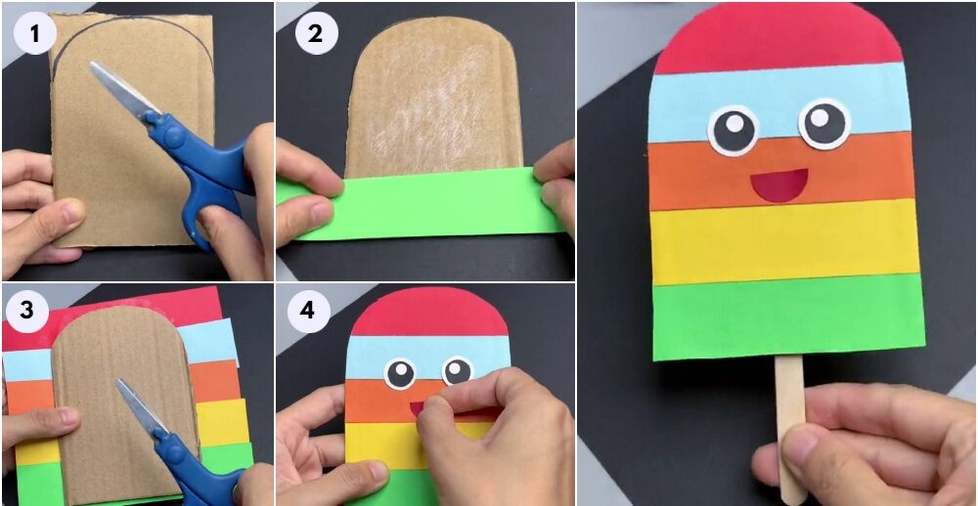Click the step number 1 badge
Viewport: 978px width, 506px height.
pyautogui.click(x=35, y=33)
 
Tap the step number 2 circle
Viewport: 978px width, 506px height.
pyautogui.click(x=316, y=33)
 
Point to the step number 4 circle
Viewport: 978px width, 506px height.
pyautogui.click(x=307, y=311)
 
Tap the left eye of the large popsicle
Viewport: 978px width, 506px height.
pyautogui.click(x=733, y=130)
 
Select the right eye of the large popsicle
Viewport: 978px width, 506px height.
pyautogui.click(x=824, y=123)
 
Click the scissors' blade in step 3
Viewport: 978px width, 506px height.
pyautogui.click(x=140, y=406)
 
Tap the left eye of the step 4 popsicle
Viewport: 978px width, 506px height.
pyautogui.click(x=400, y=374)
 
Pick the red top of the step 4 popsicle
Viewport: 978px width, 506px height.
pyautogui.click(x=430, y=312)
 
